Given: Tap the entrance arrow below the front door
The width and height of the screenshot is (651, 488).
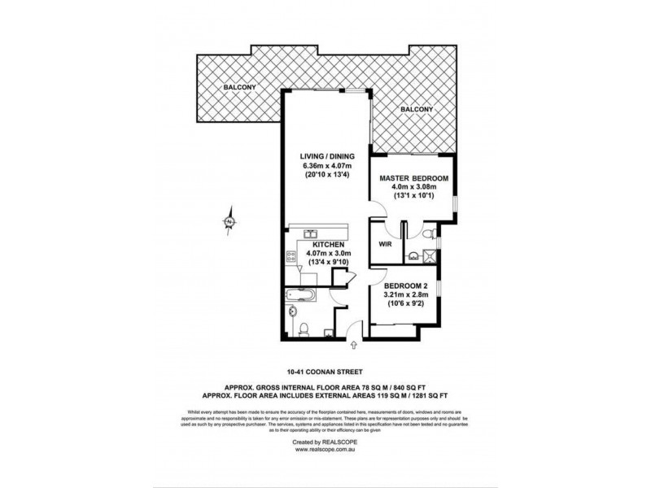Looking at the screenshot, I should [353, 345].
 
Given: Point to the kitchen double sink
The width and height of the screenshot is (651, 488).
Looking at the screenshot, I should [311, 233].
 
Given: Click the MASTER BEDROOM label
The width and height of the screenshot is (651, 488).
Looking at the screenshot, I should [413, 177].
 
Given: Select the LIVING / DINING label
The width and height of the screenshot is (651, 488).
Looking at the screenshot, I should [324, 155].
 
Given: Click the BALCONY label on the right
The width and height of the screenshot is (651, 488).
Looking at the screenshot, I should [415, 110].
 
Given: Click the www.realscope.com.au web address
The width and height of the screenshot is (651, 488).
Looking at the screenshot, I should [325, 448].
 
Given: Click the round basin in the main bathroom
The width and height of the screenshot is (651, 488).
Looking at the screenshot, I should [291, 312].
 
